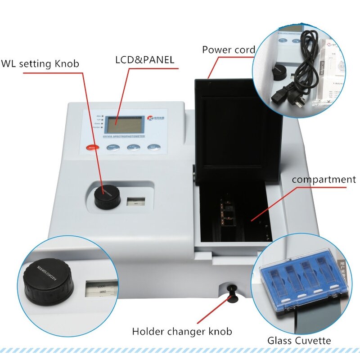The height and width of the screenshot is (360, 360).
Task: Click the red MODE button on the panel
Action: [x=92, y=147]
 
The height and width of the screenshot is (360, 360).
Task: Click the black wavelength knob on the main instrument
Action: [x=107, y=197]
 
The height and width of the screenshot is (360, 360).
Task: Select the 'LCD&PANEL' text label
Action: [x=144, y=60]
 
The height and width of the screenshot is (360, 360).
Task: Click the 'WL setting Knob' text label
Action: [x=40, y=63]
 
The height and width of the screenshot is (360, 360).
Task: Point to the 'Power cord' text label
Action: [x=229, y=49]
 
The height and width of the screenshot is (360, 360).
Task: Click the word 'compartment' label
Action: [x=324, y=180]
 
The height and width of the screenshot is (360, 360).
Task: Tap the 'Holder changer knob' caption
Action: [x=182, y=332]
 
